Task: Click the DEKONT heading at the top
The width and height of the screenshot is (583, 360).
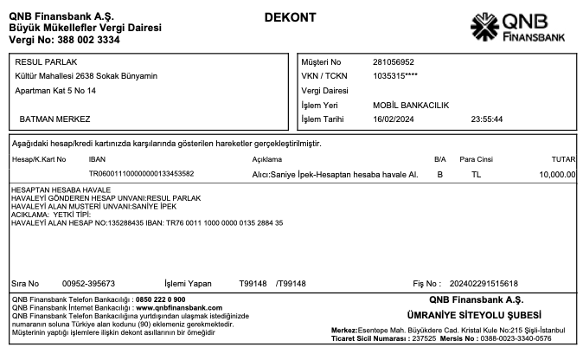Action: [291, 17]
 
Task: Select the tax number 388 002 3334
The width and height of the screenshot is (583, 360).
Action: [83, 40]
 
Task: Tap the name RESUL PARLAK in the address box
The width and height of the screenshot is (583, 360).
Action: [44, 62]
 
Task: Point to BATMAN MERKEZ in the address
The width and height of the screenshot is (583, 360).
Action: [54, 119]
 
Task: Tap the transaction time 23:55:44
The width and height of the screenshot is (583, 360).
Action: [487, 119]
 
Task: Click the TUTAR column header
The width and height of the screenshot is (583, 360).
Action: [563, 160]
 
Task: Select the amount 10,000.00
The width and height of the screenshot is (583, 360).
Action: [557, 174]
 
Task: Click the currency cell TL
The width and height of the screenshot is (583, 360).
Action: [476, 174]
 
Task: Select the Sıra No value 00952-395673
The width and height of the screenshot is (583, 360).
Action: [89, 283]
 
